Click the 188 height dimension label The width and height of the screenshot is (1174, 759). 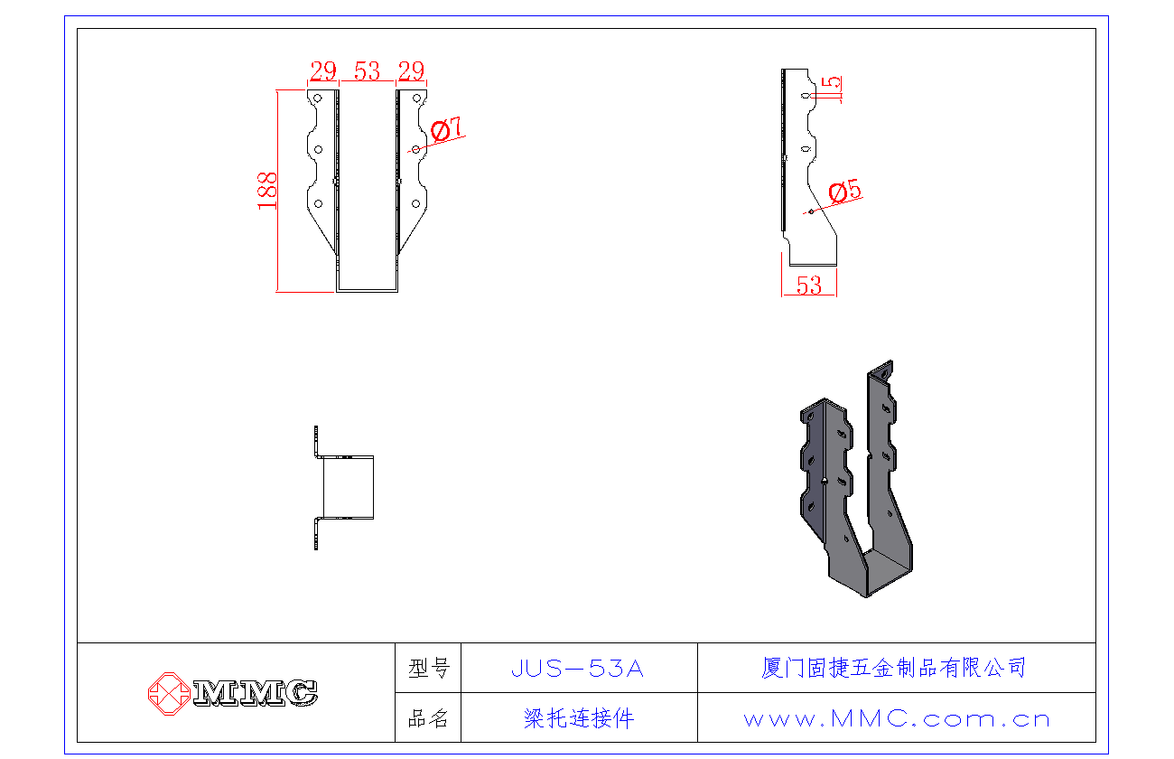[x=267, y=191]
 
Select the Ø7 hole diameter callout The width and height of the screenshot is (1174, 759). [x=446, y=129]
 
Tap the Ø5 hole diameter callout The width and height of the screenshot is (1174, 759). [x=844, y=191]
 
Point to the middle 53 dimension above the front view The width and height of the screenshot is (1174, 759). [x=367, y=71]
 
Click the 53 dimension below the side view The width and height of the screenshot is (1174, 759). [x=809, y=286]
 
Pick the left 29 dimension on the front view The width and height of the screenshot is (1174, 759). [x=323, y=71]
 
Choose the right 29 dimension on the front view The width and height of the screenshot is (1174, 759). [x=411, y=71]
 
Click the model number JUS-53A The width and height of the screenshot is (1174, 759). [x=577, y=669]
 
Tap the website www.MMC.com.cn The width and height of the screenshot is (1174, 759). [x=897, y=718]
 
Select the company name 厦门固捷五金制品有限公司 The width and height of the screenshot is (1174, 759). [x=894, y=668]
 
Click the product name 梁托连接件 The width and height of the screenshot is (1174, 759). [x=579, y=718]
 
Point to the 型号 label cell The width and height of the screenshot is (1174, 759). [x=428, y=668]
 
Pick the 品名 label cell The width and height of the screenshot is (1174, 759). [x=428, y=717]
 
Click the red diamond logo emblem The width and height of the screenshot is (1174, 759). [x=169, y=693]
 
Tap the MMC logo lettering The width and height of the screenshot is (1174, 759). [x=256, y=693]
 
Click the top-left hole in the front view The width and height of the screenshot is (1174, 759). [x=318, y=98]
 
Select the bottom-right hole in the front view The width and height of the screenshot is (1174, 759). [x=415, y=203]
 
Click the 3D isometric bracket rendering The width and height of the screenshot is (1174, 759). [x=856, y=479]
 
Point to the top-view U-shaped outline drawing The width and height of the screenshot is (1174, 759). [x=344, y=488]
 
